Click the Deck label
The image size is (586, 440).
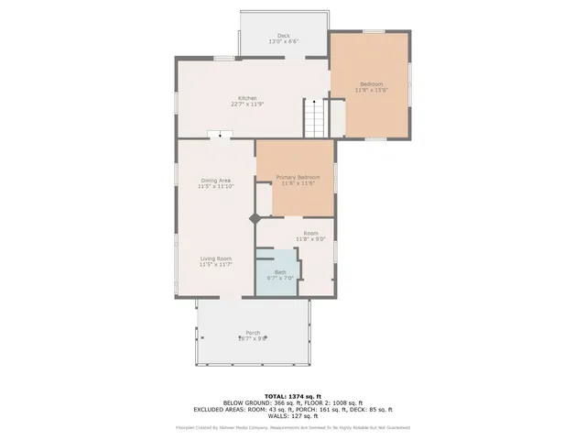(x=284, y=37)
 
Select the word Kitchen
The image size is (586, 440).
(x=247, y=98)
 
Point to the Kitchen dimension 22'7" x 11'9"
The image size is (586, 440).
(x=247, y=104)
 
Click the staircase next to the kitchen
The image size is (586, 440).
(x=315, y=120)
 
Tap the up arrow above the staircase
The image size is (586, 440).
(x=314, y=103)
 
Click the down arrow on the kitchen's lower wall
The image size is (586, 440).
(x=220, y=135)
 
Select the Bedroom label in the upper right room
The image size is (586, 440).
(x=371, y=83)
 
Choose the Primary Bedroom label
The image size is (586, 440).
(x=298, y=176)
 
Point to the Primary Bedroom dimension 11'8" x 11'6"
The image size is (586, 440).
(x=298, y=182)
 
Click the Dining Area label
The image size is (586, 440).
(x=216, y=181)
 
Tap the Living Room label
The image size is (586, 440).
(x=216, y=258)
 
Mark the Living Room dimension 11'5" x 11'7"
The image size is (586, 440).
(x=216, y=265)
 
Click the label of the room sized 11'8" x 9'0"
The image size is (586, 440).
(x=310, y=234)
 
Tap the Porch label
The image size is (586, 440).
(x=252, y=332)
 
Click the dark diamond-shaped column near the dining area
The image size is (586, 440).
(x=255, y=218)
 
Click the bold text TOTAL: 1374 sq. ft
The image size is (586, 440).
(x=292, y=394)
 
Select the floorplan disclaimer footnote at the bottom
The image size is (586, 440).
(x=292, y=427)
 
